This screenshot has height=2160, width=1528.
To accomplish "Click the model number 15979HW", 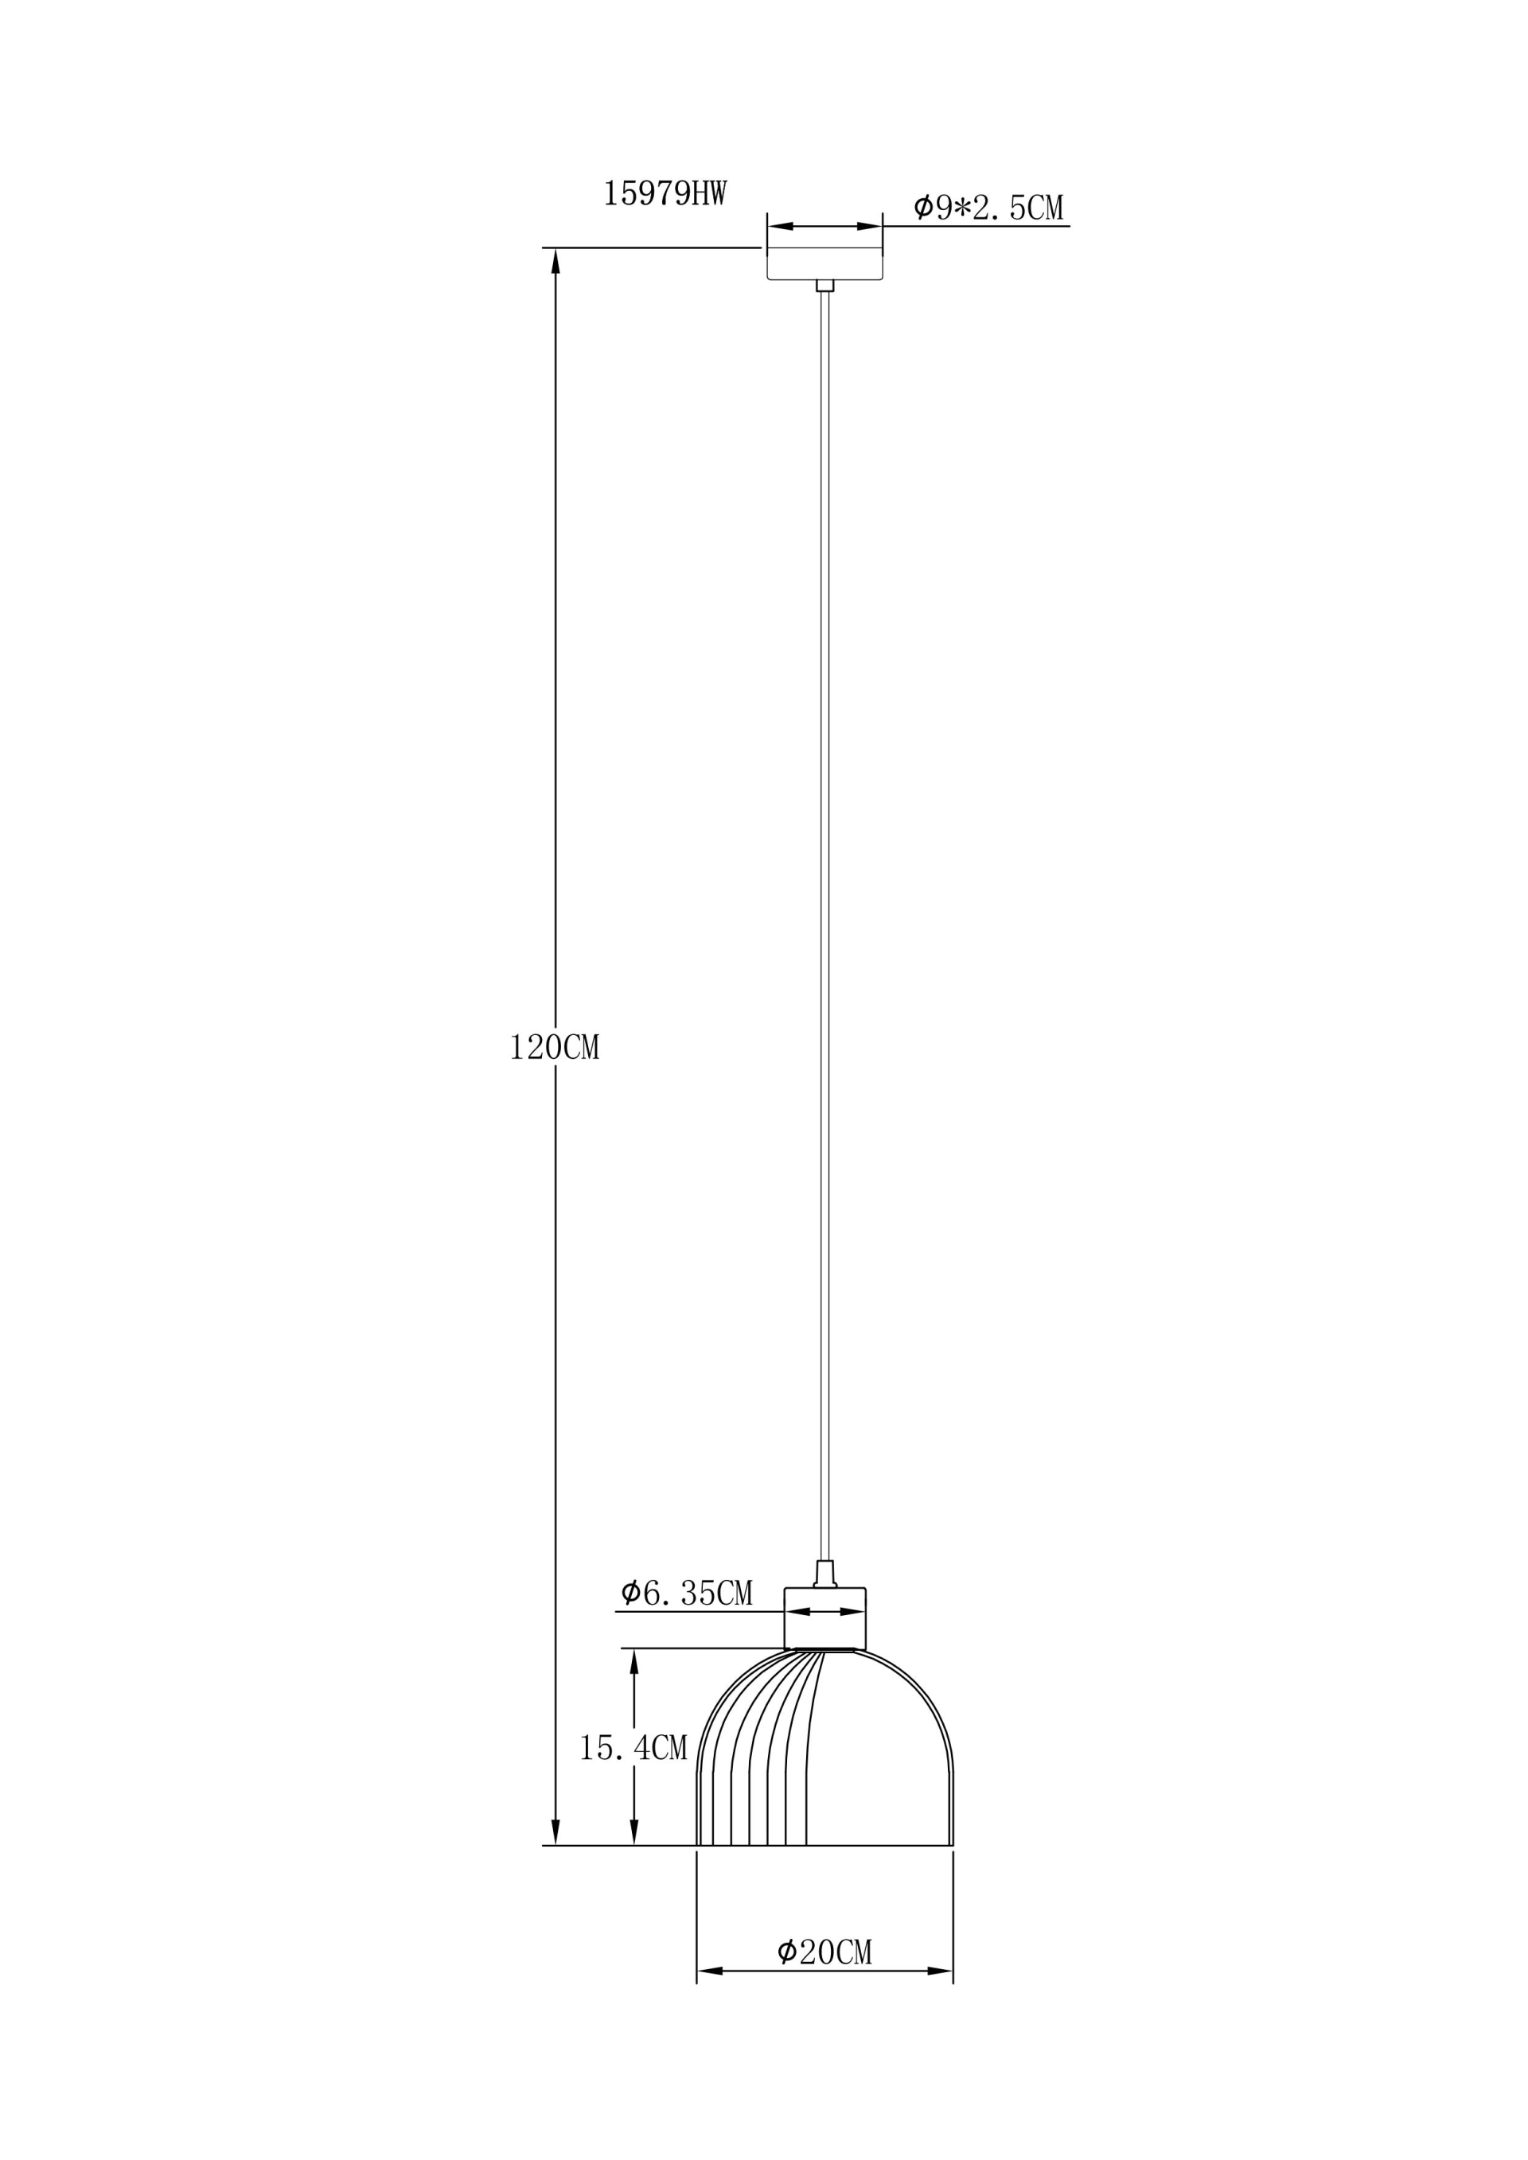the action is click(x=665, y=194).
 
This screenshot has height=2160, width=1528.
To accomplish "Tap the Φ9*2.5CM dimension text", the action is click(x=989, y=207).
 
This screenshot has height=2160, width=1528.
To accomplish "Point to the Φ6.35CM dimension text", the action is click(x=687, y=1593).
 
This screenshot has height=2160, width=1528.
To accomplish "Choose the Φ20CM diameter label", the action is click(x=825, y=1952).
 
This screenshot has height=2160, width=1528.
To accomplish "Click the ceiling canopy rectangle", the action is click(x=824, y=263).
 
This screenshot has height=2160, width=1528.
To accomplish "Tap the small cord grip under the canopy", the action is click(x=825, y=285).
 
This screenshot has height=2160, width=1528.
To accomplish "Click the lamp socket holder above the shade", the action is click(x=825, y=1618).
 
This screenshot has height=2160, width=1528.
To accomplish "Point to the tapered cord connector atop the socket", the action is click(x=825, y=1574).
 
